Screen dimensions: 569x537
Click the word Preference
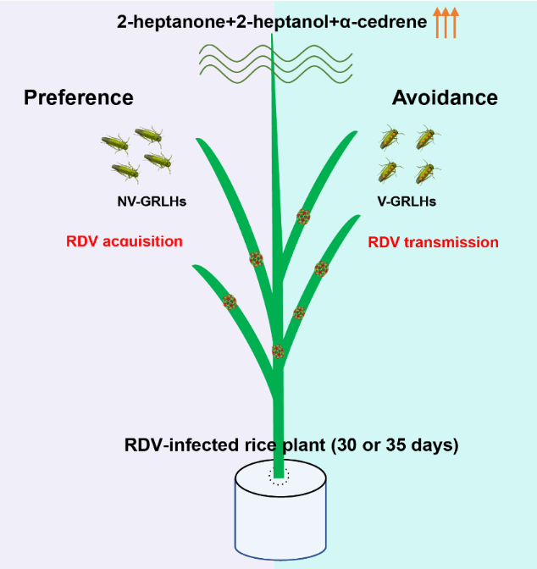pyautogui.click(x=78, y=97)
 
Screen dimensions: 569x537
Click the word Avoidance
pyautogui.click(x=445, y=97)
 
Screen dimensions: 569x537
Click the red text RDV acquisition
pyautogui.click(x=124, y=241)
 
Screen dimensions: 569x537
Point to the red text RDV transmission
pyautogui.click(x=433, y=242)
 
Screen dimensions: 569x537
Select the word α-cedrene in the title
pyautogui.click(x=385, y=22)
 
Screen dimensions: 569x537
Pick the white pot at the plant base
pyautogui.click(x=280, y=517)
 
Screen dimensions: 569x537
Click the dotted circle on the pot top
pyautogui.click(x=279, y=474)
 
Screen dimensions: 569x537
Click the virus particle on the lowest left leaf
pyautogui.click(x=229, y=301)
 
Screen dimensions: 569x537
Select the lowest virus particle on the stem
pyautogui.click(x=278, y=351)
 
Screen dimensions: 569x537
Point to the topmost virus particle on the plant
pyautogui.click(x=303, y=216)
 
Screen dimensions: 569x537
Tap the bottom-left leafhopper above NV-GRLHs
pyautogui.click(x=125, y=171)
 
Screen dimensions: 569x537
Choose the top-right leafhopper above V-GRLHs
pyautogui.click(x=426, y=138)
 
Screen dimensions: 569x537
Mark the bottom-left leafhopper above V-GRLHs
pyautogui.click(x=388, y=171)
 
